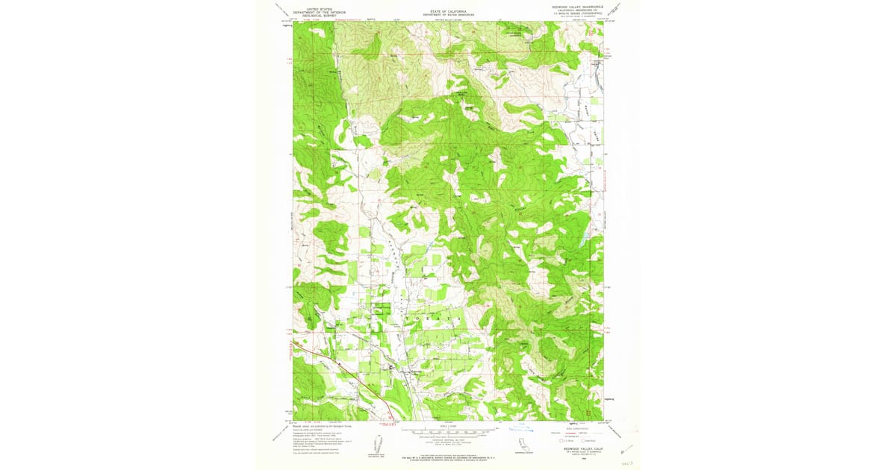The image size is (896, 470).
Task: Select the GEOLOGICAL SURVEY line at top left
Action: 313,15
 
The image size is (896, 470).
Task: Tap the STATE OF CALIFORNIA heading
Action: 447,10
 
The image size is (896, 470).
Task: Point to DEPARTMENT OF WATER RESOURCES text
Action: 447,14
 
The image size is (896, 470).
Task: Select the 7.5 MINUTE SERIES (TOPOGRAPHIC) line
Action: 576,14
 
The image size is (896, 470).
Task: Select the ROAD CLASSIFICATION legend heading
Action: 577,427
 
